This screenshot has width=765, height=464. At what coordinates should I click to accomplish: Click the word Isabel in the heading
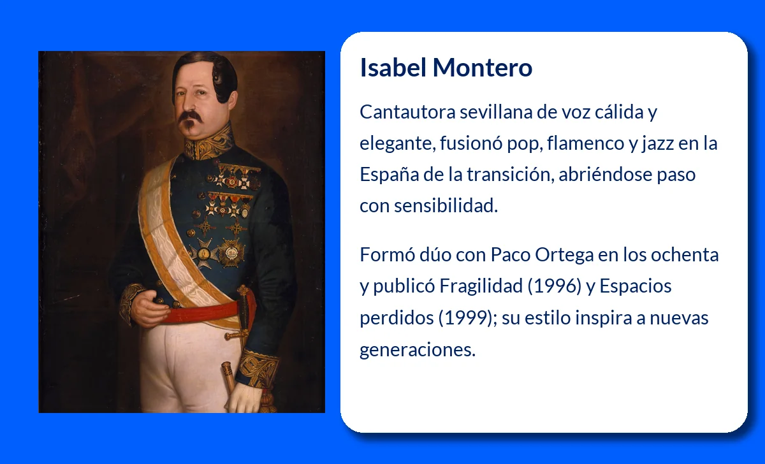(x=393, y=68)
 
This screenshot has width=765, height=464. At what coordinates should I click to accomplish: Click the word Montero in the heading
(x=483, y=68)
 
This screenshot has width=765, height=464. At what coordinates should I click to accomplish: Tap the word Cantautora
(x=407, y=112)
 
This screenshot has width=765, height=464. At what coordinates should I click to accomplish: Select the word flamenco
(x=586, y=143)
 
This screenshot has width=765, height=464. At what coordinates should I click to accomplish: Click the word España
(x=390, y=175)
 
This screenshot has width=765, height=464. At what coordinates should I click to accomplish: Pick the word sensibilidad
(x=446, y=205)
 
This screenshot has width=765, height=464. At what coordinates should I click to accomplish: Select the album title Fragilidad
(x=481, y=286)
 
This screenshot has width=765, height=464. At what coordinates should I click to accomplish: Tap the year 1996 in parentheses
(x=554, y=286)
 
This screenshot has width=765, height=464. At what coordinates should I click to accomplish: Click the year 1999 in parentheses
(x=465, y=318)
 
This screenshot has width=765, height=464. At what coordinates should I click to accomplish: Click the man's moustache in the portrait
(x=191, y=116)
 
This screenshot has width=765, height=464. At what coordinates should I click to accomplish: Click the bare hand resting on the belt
(x=149, y=308)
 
